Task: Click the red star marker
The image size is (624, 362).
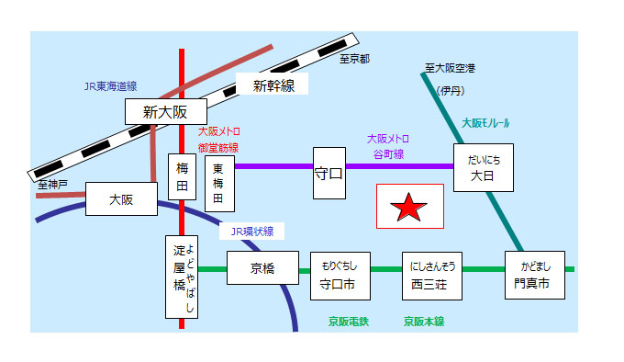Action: click(x=409, y=208)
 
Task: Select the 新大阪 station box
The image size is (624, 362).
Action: click(x=164, y=112)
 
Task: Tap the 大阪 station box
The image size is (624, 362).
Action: click(x=121, y=198)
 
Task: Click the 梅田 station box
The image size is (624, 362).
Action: click(x=182, y=177)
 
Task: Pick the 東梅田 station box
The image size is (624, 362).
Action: click(x=219, y=184)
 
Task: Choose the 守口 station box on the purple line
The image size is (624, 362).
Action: click(x=329, y=172)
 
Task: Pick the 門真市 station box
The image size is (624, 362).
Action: click(x=534, y=275)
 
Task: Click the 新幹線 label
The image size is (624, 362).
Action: click(x=273, y=85)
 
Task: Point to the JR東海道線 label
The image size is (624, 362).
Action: click(x=110, y=85)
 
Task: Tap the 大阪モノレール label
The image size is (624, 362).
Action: click(x=485, y=122)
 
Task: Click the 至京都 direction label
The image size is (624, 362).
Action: click(x=354, y=59)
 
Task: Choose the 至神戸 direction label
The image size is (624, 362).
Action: click(x=53, y=185)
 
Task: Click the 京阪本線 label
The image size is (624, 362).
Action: click(x=424, y=322)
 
